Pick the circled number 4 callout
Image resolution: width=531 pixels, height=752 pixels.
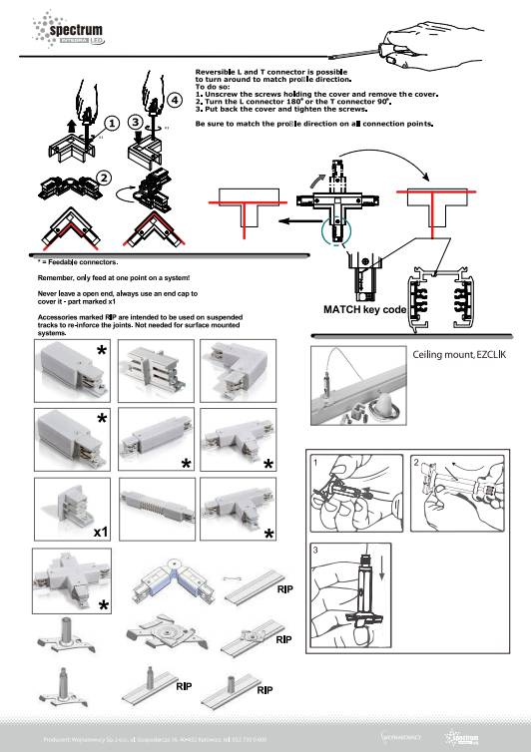click(176, 100)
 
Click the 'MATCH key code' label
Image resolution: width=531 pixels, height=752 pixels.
click(364, 310)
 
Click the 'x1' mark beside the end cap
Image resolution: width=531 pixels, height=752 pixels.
click(101, 534)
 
